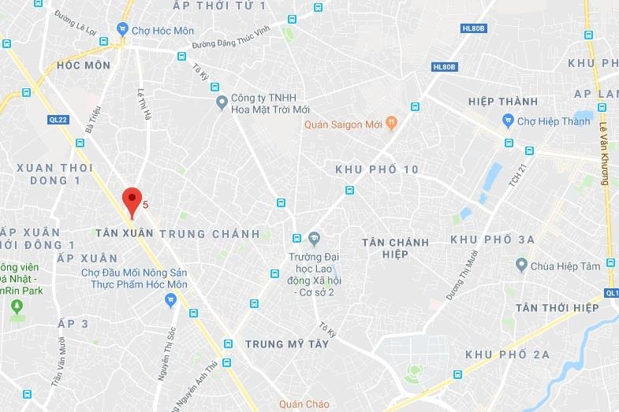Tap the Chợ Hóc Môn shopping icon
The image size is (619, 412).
tap(122, 29)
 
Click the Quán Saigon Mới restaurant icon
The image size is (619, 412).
tap(392, 124)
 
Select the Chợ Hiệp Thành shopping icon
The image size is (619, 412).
tap(509, 121)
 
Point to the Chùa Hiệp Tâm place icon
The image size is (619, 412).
tap(521, 265)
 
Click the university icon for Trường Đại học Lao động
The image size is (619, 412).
tap(314, 238)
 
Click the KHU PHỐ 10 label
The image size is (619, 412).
tap(376, 169)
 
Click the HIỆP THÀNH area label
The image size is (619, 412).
tap(502, 102)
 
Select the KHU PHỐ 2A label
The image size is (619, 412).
tap(507, 354)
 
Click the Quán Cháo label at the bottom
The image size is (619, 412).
tap(307, 405)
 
